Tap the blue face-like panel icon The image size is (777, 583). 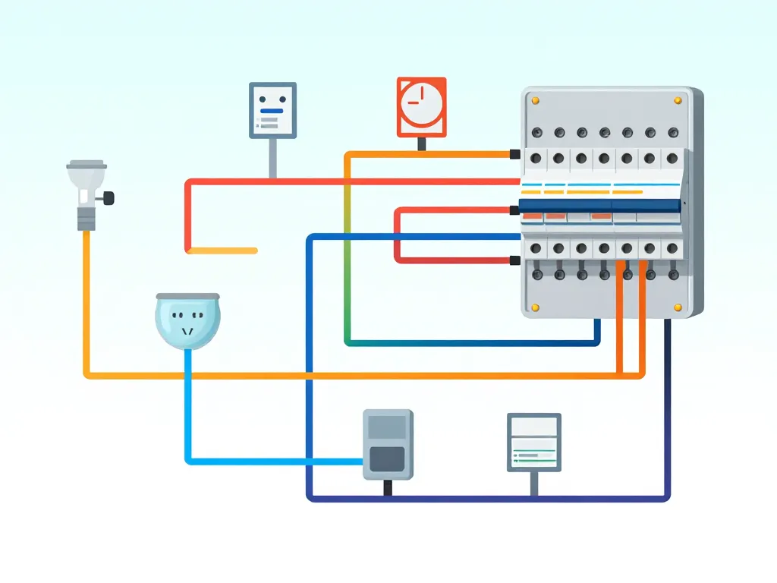(272, 110)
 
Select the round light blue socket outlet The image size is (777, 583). (187, 322)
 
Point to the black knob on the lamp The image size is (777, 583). (110, 199)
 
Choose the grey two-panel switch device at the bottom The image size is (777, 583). (388, 445)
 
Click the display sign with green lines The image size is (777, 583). (533, 443)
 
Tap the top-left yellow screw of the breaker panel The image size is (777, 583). (536, 100)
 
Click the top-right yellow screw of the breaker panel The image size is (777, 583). (678, 100)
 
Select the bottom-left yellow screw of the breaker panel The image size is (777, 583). (536, 307)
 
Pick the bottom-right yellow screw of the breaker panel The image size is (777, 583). (678, 307)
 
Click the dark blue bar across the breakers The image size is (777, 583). (599, 206)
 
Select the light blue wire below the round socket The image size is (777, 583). (187, 410)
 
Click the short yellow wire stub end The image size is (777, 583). (254, 251)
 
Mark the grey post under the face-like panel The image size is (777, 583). (272, 158)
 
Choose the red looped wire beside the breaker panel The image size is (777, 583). (397, 235)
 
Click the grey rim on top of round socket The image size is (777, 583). (187, 295)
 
